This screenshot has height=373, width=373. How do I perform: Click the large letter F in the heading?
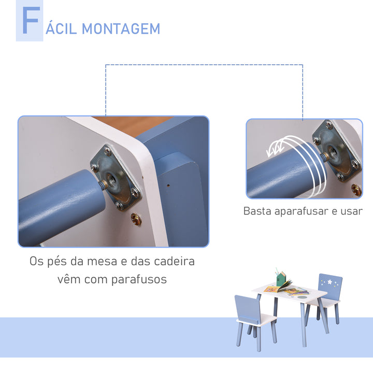30,22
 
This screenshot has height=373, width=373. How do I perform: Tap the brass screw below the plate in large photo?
136,219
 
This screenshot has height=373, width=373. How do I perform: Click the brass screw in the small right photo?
356,190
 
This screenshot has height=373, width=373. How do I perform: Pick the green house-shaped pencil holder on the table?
282,280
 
